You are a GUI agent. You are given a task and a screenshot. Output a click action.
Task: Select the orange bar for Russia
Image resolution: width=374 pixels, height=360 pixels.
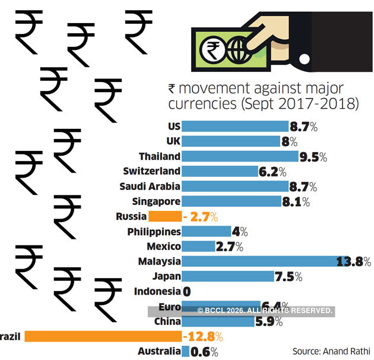click(164, 216)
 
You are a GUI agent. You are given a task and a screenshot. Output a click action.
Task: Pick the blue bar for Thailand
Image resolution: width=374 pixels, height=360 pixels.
click(240, 156)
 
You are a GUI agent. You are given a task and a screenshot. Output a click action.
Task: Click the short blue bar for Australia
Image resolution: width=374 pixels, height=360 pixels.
click(185, 352)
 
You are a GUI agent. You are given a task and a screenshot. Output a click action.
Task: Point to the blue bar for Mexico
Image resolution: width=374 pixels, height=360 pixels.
click(198, 246)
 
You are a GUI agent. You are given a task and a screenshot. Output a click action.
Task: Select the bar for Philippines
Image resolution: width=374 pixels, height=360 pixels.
click(205, 231)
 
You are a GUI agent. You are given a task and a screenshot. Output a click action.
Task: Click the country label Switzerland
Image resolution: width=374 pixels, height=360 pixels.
click(152, 171)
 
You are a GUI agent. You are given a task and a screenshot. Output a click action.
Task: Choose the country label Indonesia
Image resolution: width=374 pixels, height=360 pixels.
click(157, 291)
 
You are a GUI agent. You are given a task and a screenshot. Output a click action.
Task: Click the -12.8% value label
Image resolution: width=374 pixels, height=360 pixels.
click(202, 337)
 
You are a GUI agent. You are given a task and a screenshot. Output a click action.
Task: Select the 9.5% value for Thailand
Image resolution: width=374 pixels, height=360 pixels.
click(313, 157)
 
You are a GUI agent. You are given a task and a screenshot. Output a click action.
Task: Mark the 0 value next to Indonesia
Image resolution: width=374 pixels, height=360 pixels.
click(186, 292)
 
